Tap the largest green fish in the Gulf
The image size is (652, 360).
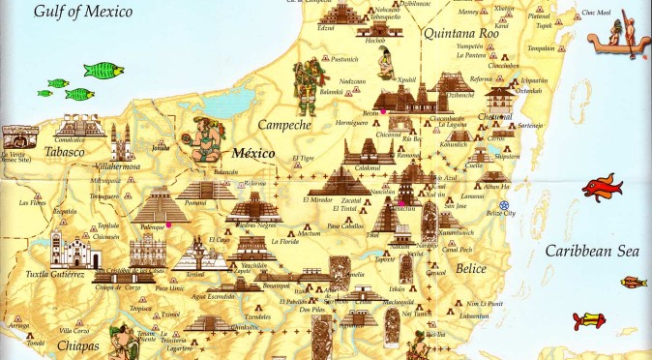[104, 70]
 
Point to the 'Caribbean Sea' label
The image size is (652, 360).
[592, 251]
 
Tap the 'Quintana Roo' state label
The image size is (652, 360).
[460, 31]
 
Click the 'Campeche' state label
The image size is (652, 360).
[283, 125]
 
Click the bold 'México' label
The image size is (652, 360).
[253, 153]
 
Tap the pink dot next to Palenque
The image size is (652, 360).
[169, 225]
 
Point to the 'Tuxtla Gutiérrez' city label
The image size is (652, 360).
[44, 274]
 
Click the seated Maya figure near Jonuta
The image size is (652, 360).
[204, 138]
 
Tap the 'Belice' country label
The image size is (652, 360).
[471, 267]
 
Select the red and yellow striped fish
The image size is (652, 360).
[633, 283]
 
